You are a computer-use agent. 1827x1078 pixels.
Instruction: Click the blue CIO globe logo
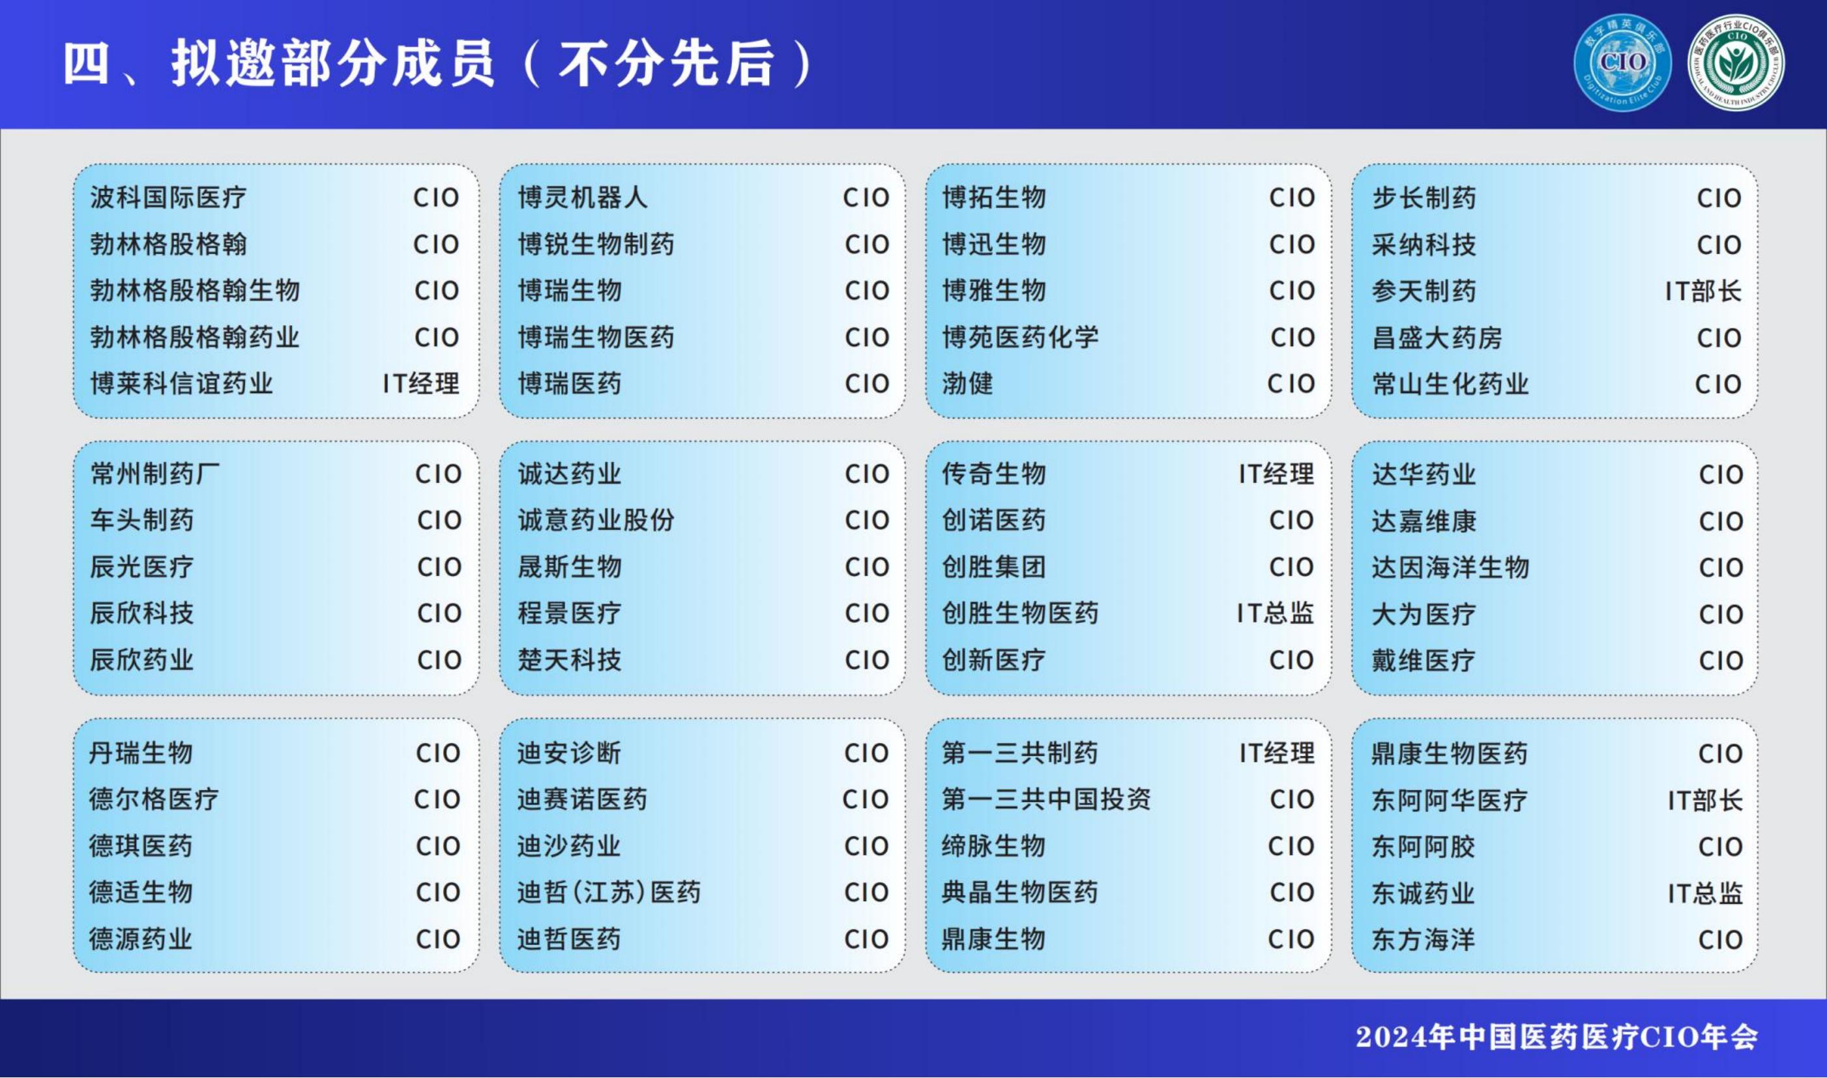(1622, 63)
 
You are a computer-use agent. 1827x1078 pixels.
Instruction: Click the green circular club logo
(1736, 63)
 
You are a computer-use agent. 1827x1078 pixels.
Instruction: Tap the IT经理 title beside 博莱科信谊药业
(420, 383)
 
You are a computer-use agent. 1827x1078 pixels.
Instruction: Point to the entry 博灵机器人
(582, 197)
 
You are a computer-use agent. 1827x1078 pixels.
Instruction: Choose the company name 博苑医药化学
(1020, 337)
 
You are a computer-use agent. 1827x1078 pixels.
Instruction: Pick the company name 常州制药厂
(154, 474)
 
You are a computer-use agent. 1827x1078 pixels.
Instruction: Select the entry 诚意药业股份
(596, 520)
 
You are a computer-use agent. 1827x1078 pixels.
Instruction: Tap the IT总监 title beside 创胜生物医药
(1275, 614)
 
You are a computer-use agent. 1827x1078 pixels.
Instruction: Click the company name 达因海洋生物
(1450, 567)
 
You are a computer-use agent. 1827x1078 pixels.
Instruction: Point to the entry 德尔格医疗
(153, 800)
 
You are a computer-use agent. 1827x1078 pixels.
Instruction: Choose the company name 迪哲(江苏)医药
(609, 893)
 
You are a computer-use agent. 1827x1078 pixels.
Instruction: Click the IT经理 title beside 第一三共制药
(1276, 753)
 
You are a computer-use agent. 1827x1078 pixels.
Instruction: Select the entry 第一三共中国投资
(1046, 800)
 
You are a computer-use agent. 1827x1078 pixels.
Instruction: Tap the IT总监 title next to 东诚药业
(1704, 894)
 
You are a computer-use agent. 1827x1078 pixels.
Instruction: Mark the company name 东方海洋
(1423, 940)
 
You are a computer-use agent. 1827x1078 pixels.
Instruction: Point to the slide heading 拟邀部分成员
(334, 63)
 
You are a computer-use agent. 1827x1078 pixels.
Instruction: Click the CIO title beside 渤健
(1291, 383)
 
